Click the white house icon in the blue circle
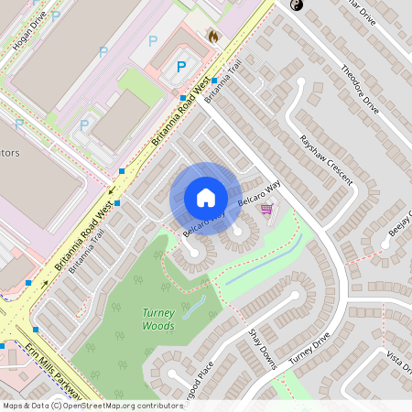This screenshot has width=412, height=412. [x=205, y=198]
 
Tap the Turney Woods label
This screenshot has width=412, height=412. [x=158, y=319]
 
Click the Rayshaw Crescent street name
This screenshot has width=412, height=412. [x=326, y=160]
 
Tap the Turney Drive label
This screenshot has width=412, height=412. [x=309, y=349]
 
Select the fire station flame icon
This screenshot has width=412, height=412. [x=212, y=37]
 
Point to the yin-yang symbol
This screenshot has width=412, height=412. [x=296, y=5]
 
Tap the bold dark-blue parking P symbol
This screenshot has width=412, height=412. [x=181, y=66]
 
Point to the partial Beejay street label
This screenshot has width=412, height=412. [x=400, y=224]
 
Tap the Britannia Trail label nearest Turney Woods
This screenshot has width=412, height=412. [x=87, y=245]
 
